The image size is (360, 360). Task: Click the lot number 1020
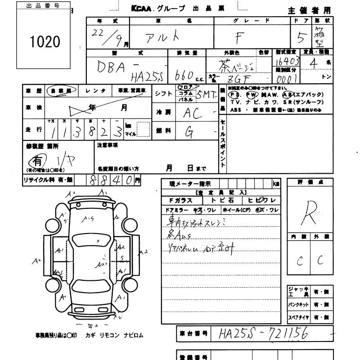45,42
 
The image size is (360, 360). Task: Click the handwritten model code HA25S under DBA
143,77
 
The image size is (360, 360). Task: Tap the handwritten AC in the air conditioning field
192,113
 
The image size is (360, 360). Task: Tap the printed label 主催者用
309,10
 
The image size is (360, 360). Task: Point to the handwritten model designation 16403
286,63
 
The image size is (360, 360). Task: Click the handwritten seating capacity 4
314,63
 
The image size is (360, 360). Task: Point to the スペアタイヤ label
298,317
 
